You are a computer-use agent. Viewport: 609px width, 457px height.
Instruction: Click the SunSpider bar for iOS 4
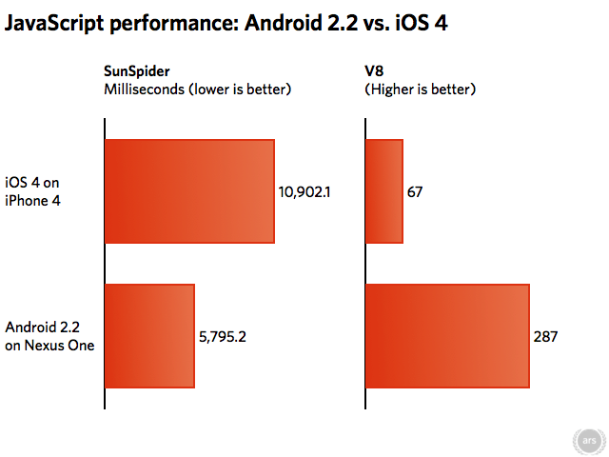point(189,191)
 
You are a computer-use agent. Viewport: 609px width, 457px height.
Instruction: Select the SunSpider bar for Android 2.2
point(149,335)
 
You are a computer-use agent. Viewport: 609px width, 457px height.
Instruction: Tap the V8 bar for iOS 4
point(384,191)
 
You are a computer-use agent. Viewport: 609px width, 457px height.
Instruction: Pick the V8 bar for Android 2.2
point(447,335)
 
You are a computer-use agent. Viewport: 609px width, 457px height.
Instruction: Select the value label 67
point(415,192)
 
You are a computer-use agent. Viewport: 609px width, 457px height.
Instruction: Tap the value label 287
point(545,336)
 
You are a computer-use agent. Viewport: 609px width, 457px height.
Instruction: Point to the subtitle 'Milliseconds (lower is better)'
point(197,89)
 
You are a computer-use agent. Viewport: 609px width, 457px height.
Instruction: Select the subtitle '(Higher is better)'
point(421,89)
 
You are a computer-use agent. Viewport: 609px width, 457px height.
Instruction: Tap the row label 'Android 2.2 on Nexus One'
point(49,336)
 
